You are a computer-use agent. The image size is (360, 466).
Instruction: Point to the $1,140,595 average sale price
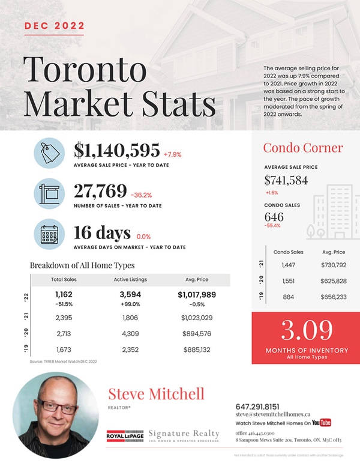[116, 151]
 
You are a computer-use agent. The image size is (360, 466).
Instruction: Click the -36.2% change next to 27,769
[141, 194]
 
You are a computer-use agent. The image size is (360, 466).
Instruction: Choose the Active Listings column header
[130, 280]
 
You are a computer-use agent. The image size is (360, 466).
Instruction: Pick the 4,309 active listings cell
[130, 334]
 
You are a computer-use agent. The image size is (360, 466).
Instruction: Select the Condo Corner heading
[303, 148]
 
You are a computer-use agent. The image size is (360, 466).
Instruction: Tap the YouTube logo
[322, 422]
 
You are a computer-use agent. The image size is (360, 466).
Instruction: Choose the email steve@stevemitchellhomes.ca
[272, 414]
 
